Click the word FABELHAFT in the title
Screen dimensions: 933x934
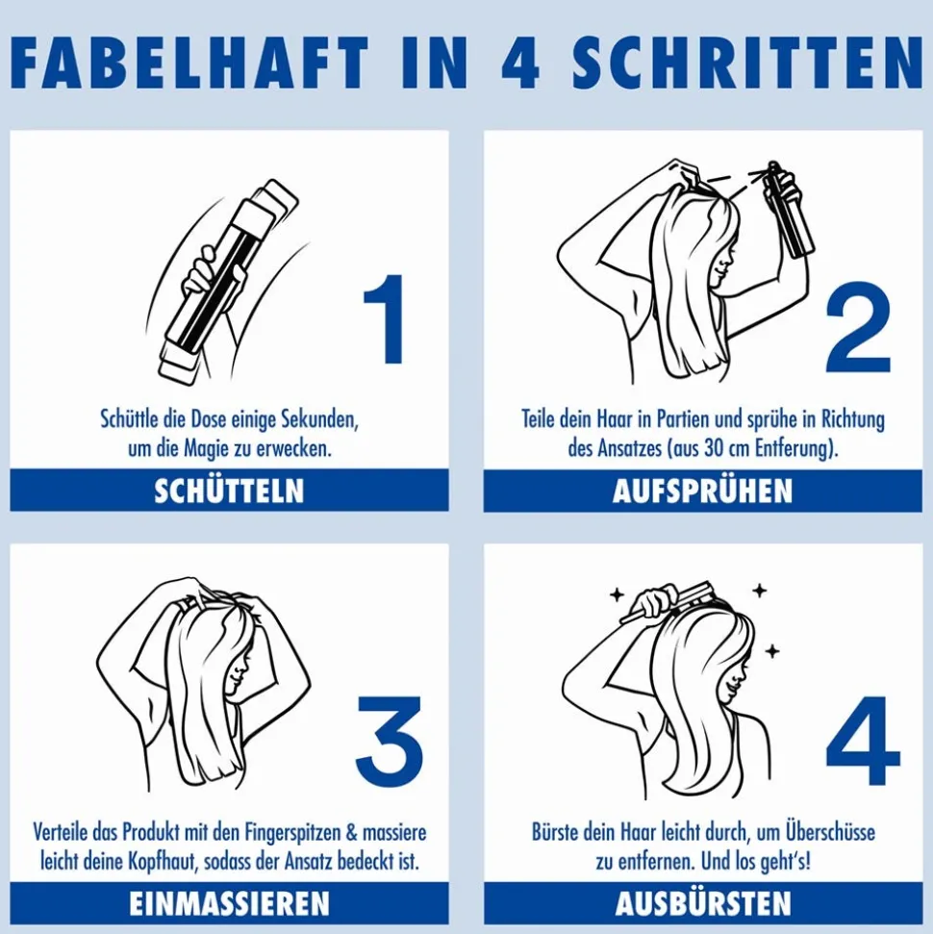point(189,63)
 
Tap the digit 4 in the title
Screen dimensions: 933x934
point(520,63)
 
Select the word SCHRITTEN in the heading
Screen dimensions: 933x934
point(747,63)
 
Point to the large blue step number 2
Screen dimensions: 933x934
point(858,328)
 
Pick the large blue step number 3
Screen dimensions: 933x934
point(389,741)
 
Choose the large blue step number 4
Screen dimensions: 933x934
point(862,741)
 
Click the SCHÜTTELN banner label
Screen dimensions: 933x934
point(229,491)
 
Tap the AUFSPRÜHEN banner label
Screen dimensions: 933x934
point(702,491)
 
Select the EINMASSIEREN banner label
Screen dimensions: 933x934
point(229,903)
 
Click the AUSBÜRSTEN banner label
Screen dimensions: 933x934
point(703,903)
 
